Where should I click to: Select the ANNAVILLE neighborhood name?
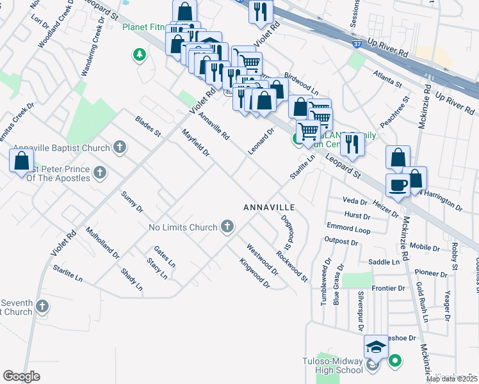pyautogui.click(x=269, y=208)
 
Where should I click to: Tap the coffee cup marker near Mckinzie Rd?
pyautogui.click(x=398, y=186)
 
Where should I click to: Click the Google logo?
pyautogui.click(x=21, y=376)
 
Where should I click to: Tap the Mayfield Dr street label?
pyautogui.click(x=196, y=143)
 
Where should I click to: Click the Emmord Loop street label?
pyautogui.click(x=348, y=228)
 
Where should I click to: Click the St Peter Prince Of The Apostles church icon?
pyautogui.click(x=99, y=172)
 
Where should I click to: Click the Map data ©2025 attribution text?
pyautogui.click(x=452, y=378)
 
